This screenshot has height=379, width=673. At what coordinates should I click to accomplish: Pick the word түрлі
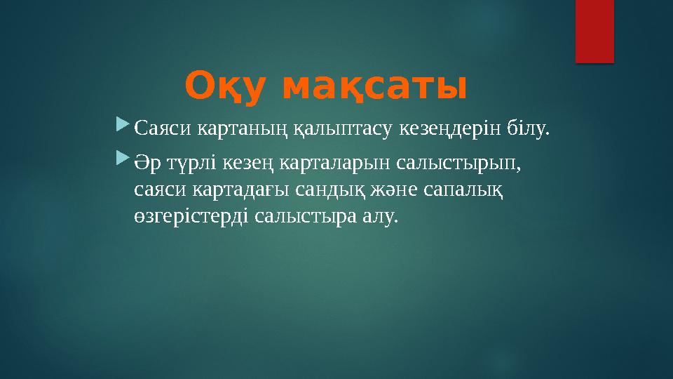(x=191, y=164)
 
